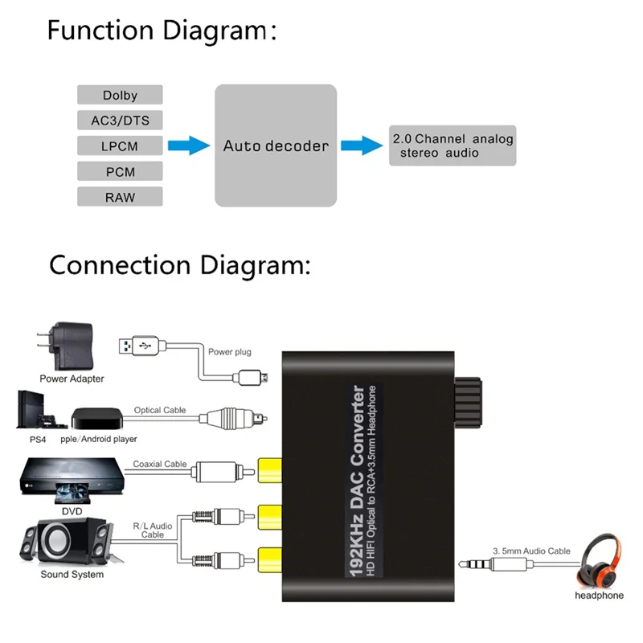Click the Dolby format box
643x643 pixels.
tap(120, 95)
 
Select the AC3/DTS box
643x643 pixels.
tap(120, 121)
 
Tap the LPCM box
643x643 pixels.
tap(120, 146)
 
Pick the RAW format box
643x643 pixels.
tap(120, 197)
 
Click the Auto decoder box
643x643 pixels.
tap(275, 145)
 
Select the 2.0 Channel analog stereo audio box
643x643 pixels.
tap(452, 145)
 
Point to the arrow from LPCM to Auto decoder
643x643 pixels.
tap(188, 145)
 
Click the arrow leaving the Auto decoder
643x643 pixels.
tap(361, 145)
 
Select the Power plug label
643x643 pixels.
tap(230, 352)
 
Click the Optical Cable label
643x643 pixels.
tap(159, 410)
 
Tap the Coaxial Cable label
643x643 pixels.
tap(159, 464)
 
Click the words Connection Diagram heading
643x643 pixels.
tap(178, 264)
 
